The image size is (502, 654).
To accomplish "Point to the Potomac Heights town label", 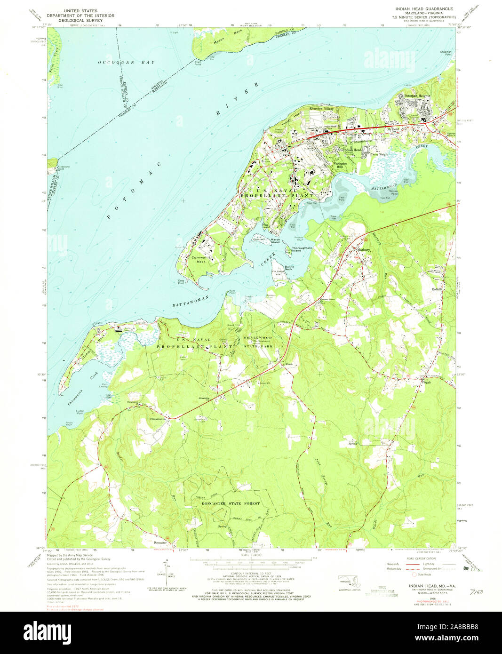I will [x=417, y=96].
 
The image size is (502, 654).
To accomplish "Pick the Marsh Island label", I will [x=275, y=241].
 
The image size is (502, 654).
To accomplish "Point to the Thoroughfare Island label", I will [x=301, y=249].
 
